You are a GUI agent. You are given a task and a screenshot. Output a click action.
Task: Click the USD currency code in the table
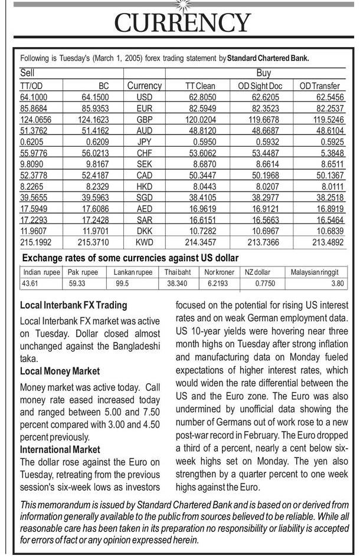point(144,97)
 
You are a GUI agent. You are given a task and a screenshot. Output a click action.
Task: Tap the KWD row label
point(144,242)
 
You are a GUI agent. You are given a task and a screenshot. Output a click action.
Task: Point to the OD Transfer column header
point(320,86)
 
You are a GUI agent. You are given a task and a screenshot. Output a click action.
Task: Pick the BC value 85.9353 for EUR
point(93,108)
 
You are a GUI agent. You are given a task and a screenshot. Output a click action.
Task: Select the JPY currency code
point(144,142)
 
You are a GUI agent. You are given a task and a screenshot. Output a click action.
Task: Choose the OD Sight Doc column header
point(260,86)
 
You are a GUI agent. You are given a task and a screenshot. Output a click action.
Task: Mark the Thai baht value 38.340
point(177,284)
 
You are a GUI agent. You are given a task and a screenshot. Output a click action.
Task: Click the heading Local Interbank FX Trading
point(73,305)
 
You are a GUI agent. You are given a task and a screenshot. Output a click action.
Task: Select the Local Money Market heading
point(60,371)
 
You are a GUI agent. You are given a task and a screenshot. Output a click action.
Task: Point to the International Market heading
point(60,450)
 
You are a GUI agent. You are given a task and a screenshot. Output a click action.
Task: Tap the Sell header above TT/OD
point(28,73)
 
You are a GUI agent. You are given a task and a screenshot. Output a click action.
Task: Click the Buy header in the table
point(263,73)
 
